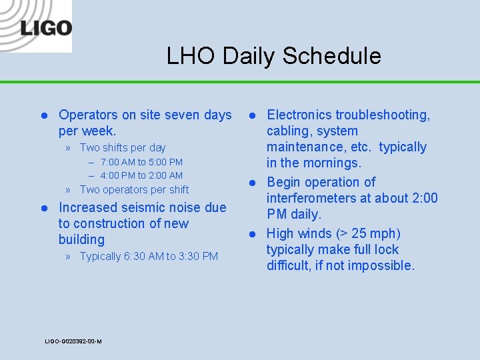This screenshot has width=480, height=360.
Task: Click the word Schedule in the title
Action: pos(331,56)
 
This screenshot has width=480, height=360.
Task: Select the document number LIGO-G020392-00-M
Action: pos(73,341)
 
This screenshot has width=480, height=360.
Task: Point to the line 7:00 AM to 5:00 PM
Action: pos(141,162)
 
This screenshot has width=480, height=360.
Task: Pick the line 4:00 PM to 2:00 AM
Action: pos(141,175)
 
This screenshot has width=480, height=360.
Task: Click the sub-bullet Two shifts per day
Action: pos(123,148)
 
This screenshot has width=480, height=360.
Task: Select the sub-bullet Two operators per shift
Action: pos(134,189)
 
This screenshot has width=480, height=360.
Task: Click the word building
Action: pos(81,240)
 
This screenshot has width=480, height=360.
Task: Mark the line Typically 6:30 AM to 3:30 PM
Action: pos(149,257)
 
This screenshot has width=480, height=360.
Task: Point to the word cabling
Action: pos(290,131)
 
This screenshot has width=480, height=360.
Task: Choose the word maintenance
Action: pos(309,147)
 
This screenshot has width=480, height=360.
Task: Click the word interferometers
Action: pos(317,198)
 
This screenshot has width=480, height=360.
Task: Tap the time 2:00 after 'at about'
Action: pos(423,198)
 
